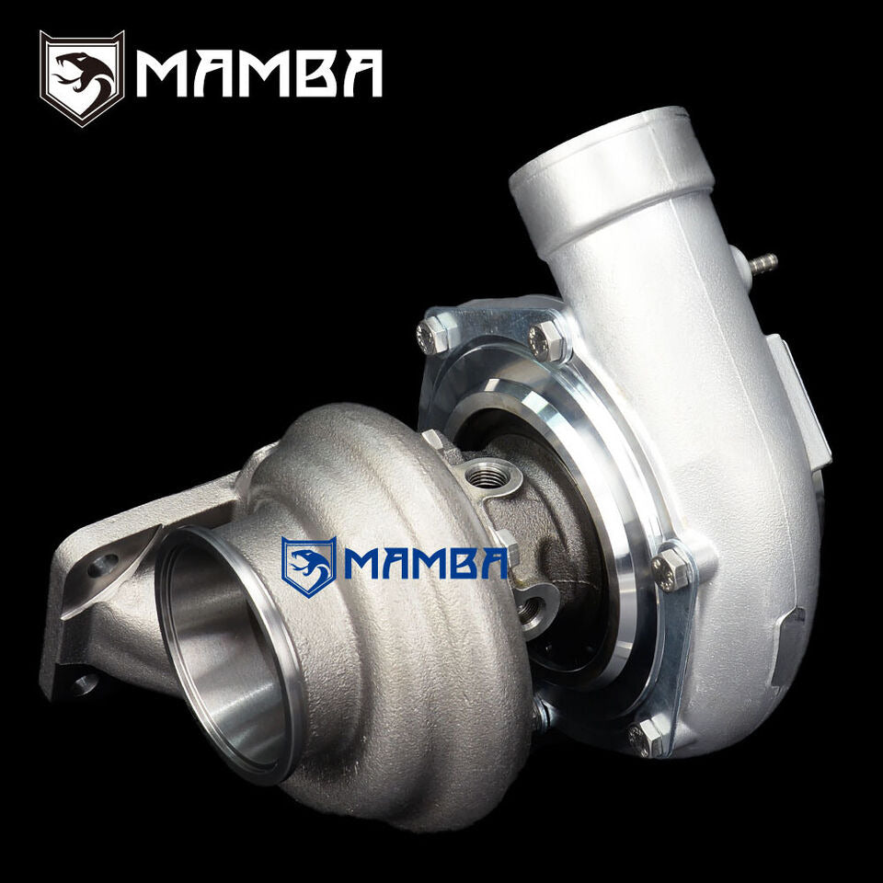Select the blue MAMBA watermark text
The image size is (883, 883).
425,563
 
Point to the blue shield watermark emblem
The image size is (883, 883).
309,567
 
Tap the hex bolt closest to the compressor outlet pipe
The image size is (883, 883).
547,339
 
